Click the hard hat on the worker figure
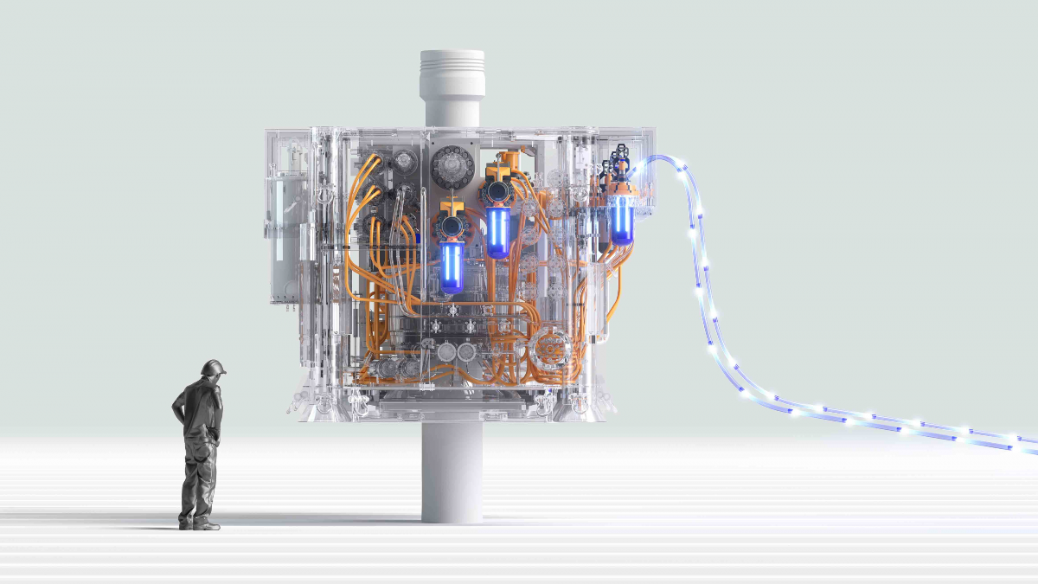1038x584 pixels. [212, 368]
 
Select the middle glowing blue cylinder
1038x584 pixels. [497, 232]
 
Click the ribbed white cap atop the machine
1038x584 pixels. [452, 74]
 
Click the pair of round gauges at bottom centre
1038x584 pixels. [457, 353]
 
